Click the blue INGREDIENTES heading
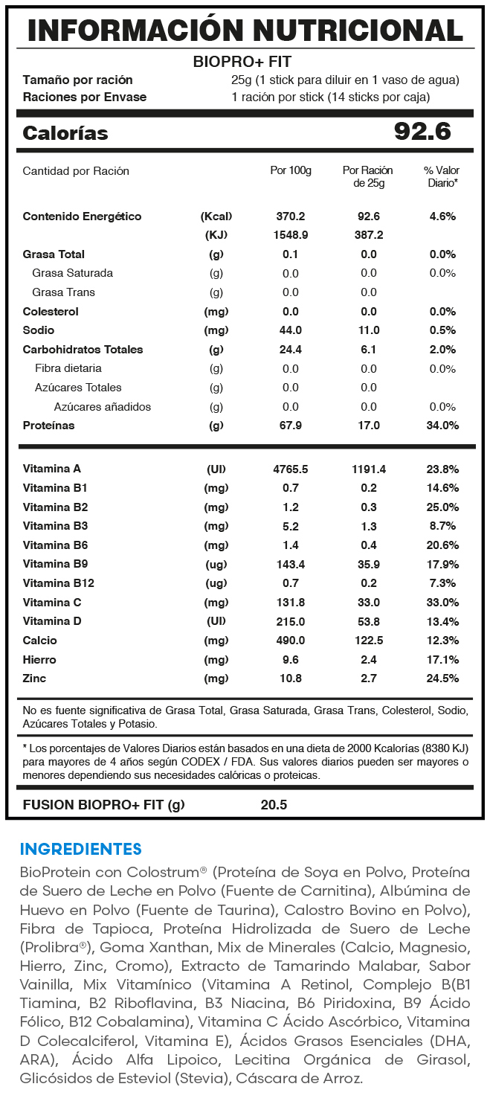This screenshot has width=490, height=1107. pyautogui.click(x=80, y=849)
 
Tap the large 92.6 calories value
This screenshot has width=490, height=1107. pyautogui.click(x=422, y=132)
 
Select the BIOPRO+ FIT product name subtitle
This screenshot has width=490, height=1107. pyautogui.click(x=242, y=62)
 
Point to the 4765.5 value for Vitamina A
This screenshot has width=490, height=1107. pyautogui.click(x=290, y=469)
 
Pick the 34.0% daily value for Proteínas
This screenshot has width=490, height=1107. pyautogui.click(x=442, y=426)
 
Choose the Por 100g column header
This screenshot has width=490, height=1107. pyautogui.click(x=290, y=170)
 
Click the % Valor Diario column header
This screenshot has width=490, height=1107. pyautogui.click(x=442, y=176)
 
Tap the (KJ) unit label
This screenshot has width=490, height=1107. pyautogui.click(x=216, y=235)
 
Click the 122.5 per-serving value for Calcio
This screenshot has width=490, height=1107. pyautogui.click(x=369, y=641)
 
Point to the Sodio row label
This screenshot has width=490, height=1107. pyautogui.click(x=39, y=330)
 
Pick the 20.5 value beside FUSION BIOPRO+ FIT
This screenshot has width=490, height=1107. pyautogui.click(x=274, y=804)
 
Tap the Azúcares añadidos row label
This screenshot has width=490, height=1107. pyautogui.click(x=102, y=407)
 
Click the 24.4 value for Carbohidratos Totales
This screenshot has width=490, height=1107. pyautogui.click(x=290, y=350)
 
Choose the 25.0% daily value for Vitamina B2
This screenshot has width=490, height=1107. pyautogui.click(x=442, y=507)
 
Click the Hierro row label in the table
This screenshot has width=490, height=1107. pyautogui.click(x=39, y=660)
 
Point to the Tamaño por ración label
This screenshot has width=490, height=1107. pyautogui.click(x=77, y=80)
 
